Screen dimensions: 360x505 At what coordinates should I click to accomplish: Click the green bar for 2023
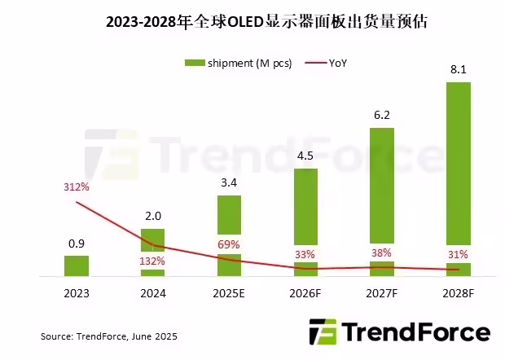(x=77, y=266)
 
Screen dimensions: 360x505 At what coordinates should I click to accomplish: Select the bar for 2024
(x=152, y=252)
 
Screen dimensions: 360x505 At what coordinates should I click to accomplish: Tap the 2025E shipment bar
(x=229, y=236)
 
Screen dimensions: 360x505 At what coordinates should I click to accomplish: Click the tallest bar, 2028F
(x=458, y=179)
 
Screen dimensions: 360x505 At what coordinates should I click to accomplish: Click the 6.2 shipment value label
(x=381, y=116)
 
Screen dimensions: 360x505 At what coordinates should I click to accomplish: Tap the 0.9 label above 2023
(x=77, y=244)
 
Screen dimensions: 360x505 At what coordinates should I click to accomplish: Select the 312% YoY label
(x=77, y=187)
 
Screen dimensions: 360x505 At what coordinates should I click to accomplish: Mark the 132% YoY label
(x=152, y=261)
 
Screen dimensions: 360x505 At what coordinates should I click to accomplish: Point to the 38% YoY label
(x=381, y=252)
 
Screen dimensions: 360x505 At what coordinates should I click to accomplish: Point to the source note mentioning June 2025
(x=109, y=336)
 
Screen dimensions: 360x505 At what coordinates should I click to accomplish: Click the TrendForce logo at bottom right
(x=399, y=332)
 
